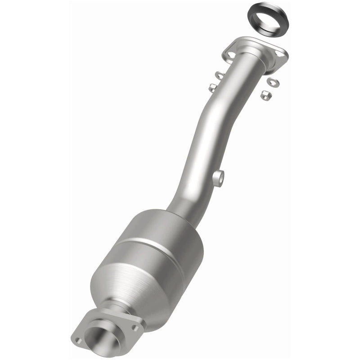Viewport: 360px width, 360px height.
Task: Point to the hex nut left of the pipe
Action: click(x=212, y=88)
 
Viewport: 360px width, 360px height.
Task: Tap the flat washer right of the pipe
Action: click(x=272, y=81)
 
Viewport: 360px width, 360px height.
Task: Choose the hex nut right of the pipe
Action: click(x=265, y=95)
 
